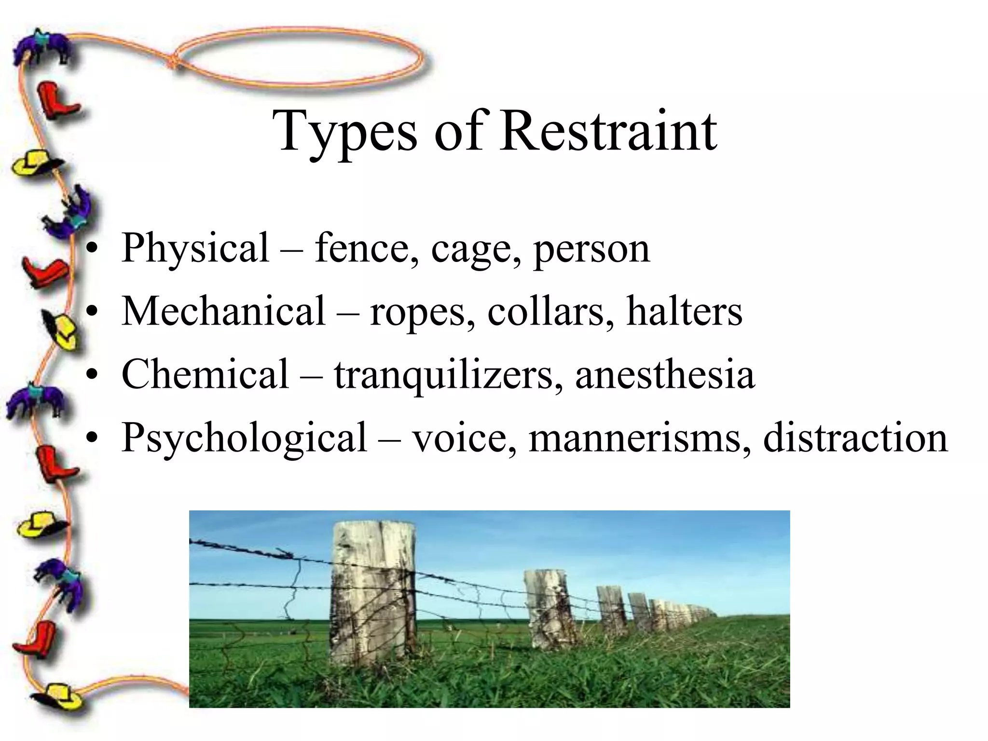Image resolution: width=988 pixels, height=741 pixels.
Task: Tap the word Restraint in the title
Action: click(x=608, y=131)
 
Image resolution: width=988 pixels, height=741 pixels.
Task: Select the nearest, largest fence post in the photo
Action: click(x=373, y=592)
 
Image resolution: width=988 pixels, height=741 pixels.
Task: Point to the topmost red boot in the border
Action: click(x=57, y=101)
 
